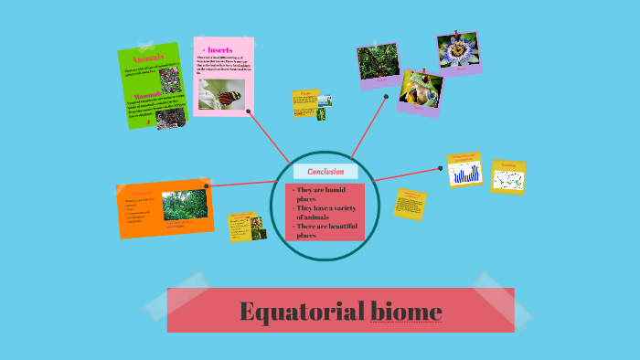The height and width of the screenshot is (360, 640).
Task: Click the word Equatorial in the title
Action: tap(301, 312)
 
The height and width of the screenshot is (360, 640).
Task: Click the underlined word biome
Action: tap(406, 312)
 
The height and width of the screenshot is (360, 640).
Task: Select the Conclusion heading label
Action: tap(325, 172)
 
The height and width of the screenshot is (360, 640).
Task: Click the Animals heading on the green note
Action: tap(148, 57)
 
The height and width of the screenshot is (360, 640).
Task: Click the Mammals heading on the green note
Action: tap(144, 94)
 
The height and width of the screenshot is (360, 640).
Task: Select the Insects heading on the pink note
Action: tap(219, 49)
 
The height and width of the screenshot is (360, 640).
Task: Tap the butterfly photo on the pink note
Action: tap(222, 95)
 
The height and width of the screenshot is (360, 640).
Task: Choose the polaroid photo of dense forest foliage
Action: tap(378, 62)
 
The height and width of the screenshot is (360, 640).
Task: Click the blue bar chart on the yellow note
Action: tap(464, 172)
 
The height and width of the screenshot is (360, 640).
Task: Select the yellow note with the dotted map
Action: tap(508, 178)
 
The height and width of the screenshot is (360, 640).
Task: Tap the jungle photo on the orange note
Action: tap(184, 205)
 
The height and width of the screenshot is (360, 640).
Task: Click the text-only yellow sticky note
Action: tap(411, 203)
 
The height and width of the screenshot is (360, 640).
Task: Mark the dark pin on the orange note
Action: tap(208, 185)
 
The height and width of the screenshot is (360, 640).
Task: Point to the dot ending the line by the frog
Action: tap(386, 96)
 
